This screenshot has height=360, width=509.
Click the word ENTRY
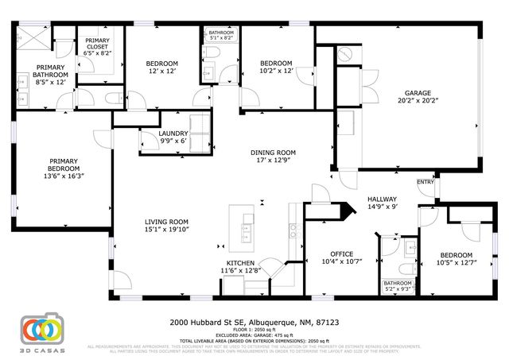click(425, 182)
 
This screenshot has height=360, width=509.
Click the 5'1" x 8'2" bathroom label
click(221, 35)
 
